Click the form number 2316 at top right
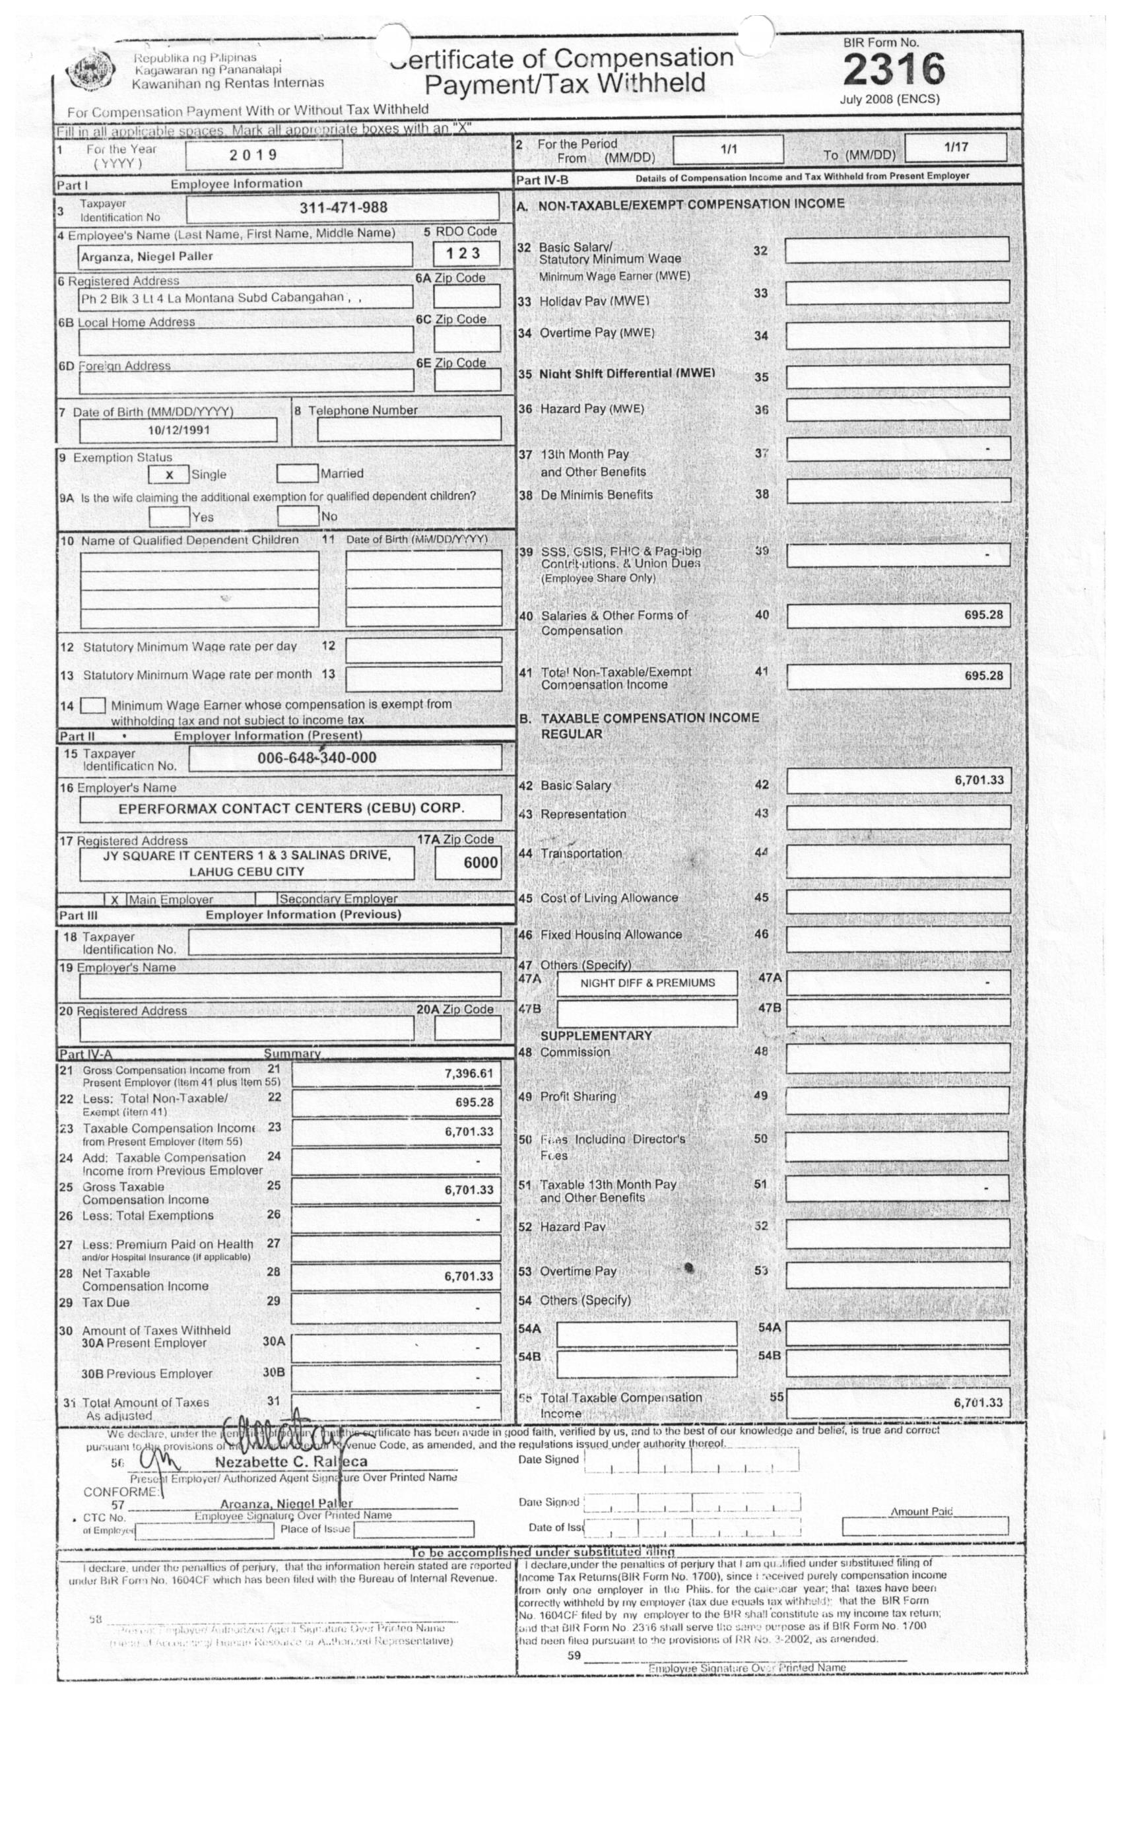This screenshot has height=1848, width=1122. (893, 70)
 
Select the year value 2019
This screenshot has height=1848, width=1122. (253, 155)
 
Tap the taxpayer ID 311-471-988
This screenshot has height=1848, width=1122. (343, 208)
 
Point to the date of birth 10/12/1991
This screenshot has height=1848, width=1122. (178, 430)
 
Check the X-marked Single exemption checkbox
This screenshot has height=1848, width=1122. (169, 475)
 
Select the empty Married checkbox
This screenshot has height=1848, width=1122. (296, 474)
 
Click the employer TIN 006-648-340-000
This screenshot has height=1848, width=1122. (317, 758)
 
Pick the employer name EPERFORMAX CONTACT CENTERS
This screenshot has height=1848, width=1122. (291, 808)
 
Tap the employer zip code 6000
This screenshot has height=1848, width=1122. (480, 863)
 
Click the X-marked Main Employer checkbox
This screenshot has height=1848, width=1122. (115, 899)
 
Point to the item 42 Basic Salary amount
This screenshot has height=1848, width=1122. (978, 780)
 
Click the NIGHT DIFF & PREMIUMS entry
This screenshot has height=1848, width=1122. (647, 983)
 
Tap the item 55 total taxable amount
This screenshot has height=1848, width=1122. (977, 1402)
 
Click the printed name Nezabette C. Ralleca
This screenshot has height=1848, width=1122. (291, 1462)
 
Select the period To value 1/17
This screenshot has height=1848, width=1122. (956, 147)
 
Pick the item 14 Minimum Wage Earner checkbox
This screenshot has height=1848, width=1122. (92, 706)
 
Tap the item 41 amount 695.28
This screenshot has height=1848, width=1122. (983, 676)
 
